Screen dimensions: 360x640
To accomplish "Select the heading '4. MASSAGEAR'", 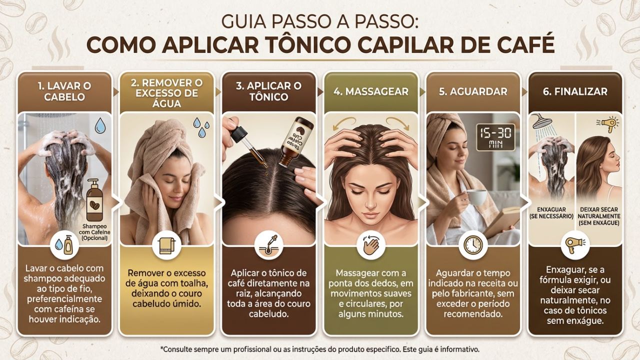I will pyautogui.click(x=370, y=91).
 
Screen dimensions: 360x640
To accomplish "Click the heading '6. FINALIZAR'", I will pyautogui.click(x=575, y=91).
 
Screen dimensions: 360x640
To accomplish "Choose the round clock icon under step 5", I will pyautogui.click(x=472, y=245).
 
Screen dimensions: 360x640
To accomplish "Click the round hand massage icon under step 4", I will pyautogui.click(x=370, y=245).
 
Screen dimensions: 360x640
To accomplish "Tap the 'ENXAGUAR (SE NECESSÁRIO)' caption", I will pyautogui.click(x=550, y=212).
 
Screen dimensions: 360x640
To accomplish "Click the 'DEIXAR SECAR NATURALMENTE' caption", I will pyautogui.click(x=599, y=215).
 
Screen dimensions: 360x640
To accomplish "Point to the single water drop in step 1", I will pyautogui.click(x=100, y=125).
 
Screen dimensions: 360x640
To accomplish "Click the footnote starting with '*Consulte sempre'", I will pyautogui.click(x=320, y=348).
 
